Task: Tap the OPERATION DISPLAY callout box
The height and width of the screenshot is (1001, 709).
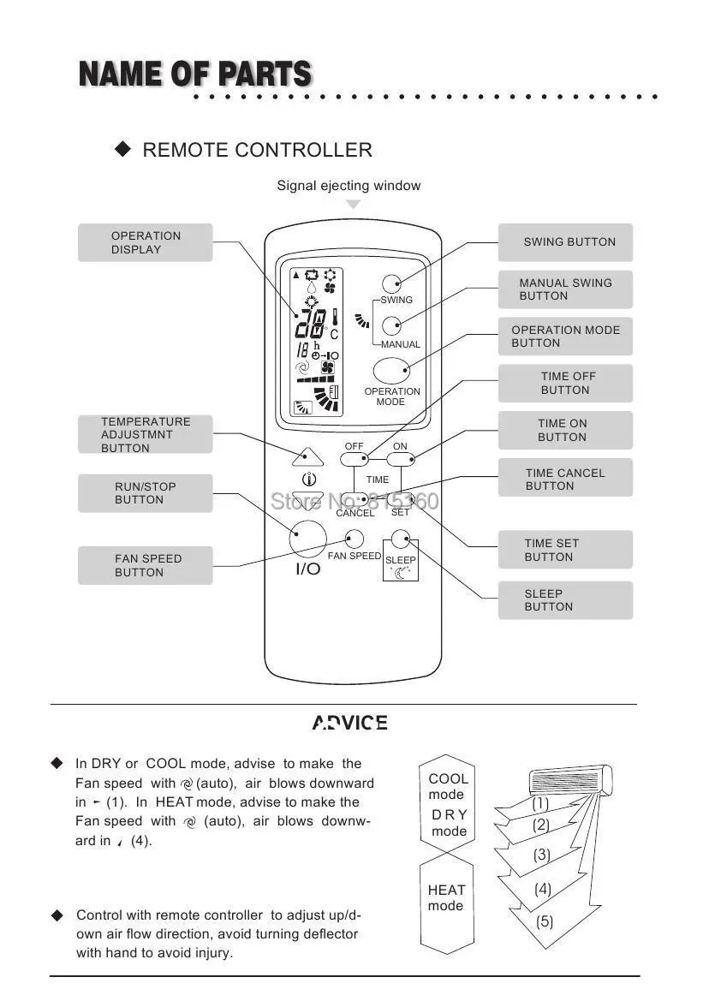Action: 145,242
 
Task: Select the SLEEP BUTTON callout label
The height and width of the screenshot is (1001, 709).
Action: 565,600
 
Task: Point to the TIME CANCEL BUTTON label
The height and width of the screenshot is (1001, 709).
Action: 565,479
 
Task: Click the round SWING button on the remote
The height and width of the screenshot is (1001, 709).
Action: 392,284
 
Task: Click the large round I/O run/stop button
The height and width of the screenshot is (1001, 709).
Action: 308,538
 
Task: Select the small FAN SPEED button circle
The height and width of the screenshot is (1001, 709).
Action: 354,539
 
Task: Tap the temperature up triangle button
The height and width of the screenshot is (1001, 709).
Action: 306,456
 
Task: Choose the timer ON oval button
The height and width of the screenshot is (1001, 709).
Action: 400,460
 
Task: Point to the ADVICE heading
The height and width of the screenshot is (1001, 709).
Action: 349,724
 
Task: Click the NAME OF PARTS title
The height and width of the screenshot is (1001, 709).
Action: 195,75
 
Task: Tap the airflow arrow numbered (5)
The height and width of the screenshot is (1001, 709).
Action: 545,922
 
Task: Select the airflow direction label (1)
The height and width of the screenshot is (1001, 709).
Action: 540,804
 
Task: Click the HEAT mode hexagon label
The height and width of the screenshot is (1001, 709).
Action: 446,898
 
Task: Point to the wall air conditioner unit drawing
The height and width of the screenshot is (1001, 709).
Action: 570,779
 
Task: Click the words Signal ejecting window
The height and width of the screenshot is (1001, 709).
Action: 349,186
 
